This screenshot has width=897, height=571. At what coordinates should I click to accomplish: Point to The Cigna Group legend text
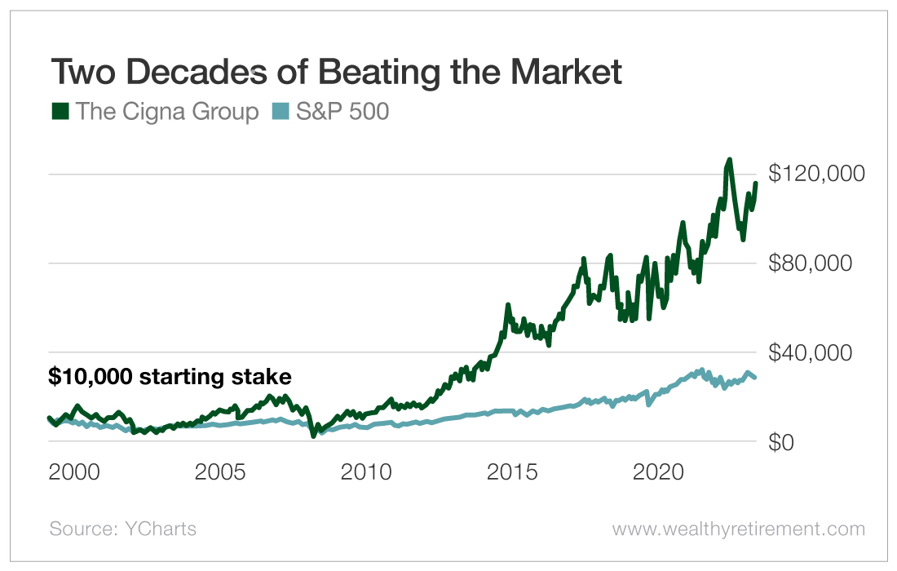click(167, 112)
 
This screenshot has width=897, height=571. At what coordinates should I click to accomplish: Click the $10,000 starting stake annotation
click(170, 377)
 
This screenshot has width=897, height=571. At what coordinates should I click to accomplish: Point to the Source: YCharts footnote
click(123, 529)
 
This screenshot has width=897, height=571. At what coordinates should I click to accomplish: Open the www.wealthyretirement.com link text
click(738, 529)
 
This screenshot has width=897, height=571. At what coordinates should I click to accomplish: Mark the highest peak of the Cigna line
click(729, 160)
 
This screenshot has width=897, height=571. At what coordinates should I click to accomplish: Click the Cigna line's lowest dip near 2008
click(313, 436)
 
